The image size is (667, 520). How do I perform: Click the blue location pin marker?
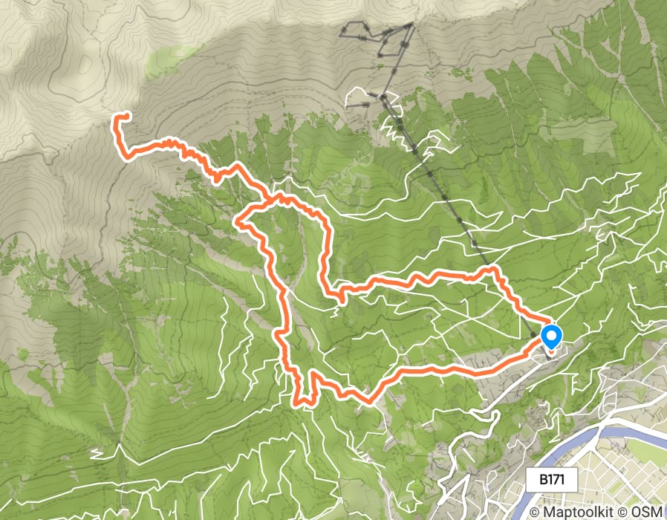(551, 337)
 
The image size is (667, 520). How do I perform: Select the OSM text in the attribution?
(649, 512)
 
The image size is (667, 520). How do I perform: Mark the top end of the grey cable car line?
(410, 25)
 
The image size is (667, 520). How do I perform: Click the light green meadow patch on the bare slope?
(167, 59)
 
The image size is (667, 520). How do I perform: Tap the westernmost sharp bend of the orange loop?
(238, 220)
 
